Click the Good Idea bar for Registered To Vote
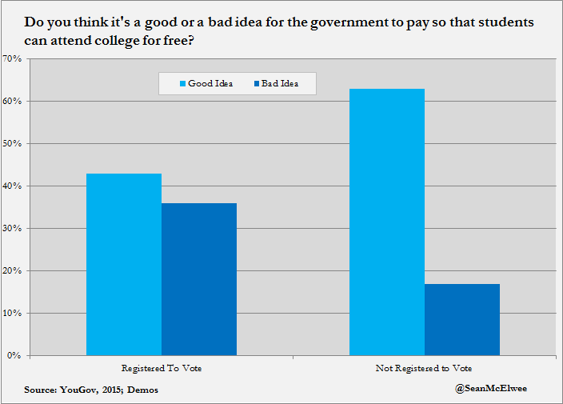(124, 264)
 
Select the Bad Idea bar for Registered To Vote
(199, 279)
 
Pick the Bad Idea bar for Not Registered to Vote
(462, 319)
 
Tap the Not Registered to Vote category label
(424, 369)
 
